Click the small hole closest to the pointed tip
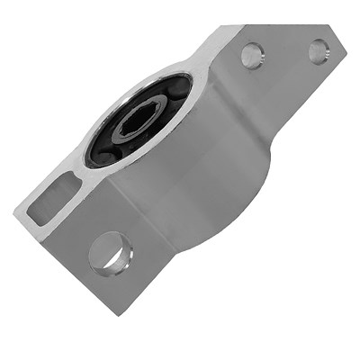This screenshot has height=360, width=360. (319, 50)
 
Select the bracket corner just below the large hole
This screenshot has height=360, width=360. (117, 310)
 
